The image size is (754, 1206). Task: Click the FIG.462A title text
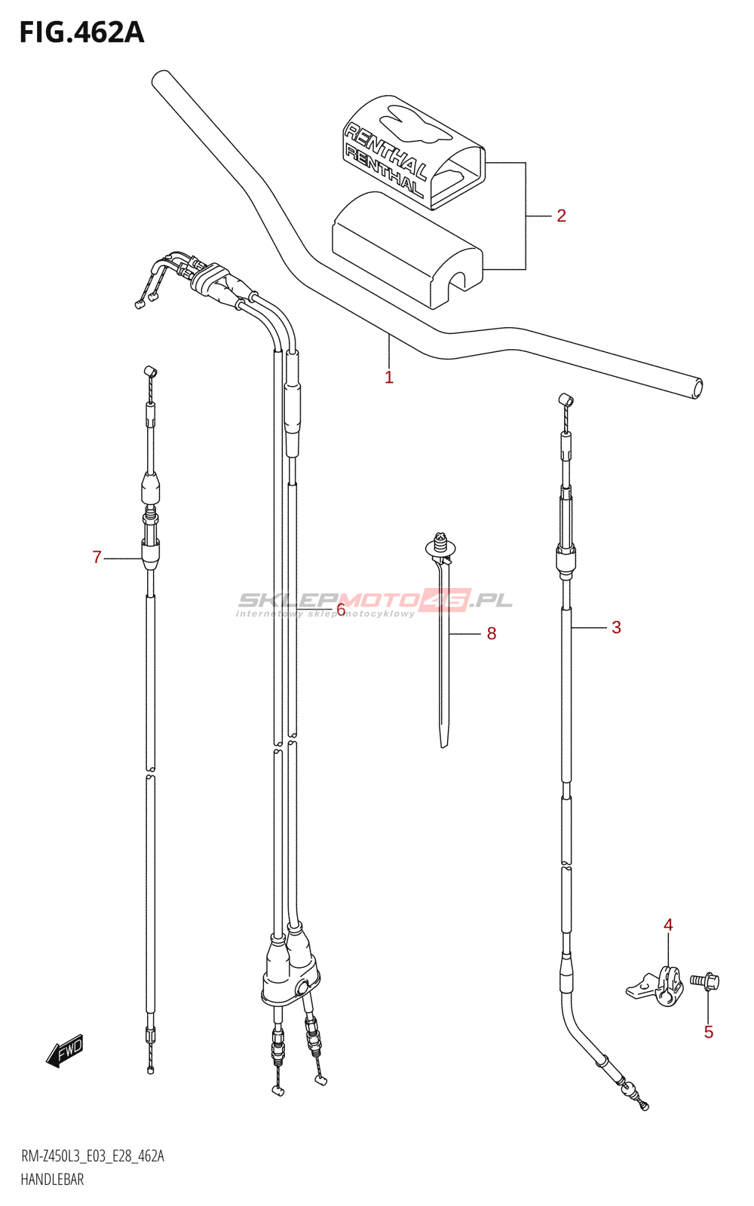coord(81,32)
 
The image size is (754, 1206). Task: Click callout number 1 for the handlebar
coord(389,377)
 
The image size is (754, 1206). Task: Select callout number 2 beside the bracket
coord(561,216)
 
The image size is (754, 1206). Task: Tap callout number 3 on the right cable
coord(616,627)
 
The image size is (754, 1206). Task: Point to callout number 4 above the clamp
coord(668,925)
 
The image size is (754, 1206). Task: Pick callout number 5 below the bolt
coord(709,1032)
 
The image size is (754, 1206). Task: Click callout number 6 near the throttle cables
coord(341,609)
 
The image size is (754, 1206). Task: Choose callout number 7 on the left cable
coord(97,557)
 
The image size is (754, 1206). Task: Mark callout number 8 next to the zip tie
coord(492,634)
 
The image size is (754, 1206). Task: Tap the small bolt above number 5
coord(705,981)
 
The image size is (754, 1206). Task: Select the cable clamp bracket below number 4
coord(656,987)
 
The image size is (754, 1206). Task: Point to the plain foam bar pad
coord(407,249)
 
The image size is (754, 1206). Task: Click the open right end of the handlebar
coord(697,388)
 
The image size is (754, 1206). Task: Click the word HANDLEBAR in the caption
coord(52,1180)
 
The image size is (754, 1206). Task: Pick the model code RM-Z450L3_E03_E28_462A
coord(92,1156)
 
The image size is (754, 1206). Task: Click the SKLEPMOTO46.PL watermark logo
coord(375,601)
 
